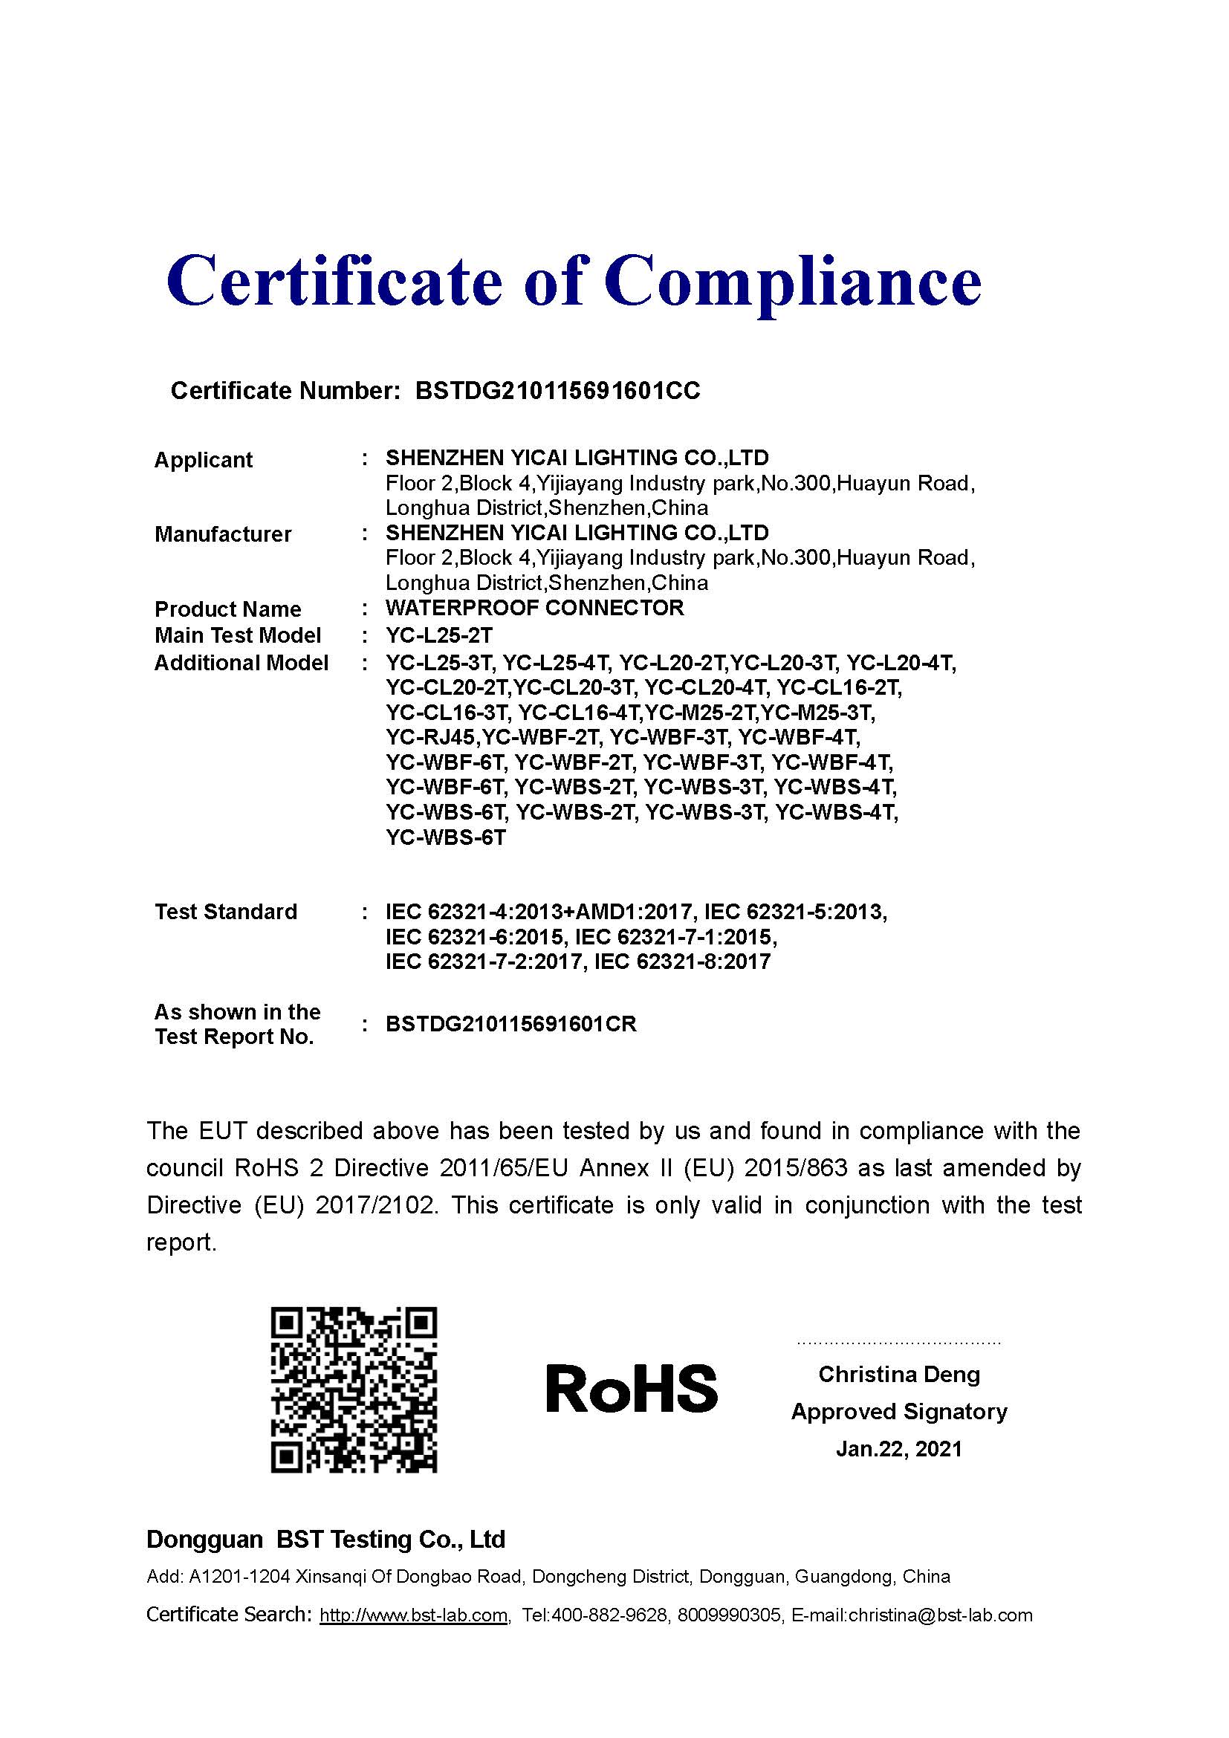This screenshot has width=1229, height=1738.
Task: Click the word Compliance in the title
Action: tap(792, 282)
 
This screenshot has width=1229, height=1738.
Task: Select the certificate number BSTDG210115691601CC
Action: tap(558, 391)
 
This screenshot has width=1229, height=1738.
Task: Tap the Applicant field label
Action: tap(203, 460)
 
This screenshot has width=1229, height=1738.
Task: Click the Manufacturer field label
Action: tap(222, 534)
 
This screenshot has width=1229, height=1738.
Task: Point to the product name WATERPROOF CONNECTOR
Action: tap(534, 608)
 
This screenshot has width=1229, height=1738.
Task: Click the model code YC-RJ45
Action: tap(431, 736)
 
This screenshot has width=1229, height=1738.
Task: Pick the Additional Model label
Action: tap(241, 663)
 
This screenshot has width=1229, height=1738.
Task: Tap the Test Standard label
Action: tap(226, 912)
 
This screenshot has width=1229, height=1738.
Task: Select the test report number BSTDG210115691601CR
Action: tap(510, 1024)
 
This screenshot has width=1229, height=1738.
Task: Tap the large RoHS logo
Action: tap(631, 1389)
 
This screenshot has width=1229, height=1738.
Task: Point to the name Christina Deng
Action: tap(899, 1374)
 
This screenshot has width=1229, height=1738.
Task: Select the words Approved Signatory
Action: tap(899, 1411)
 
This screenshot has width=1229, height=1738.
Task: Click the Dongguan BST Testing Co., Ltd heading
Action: tap(325, 1539)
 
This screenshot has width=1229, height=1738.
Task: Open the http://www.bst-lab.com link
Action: tap(413, 1615)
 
